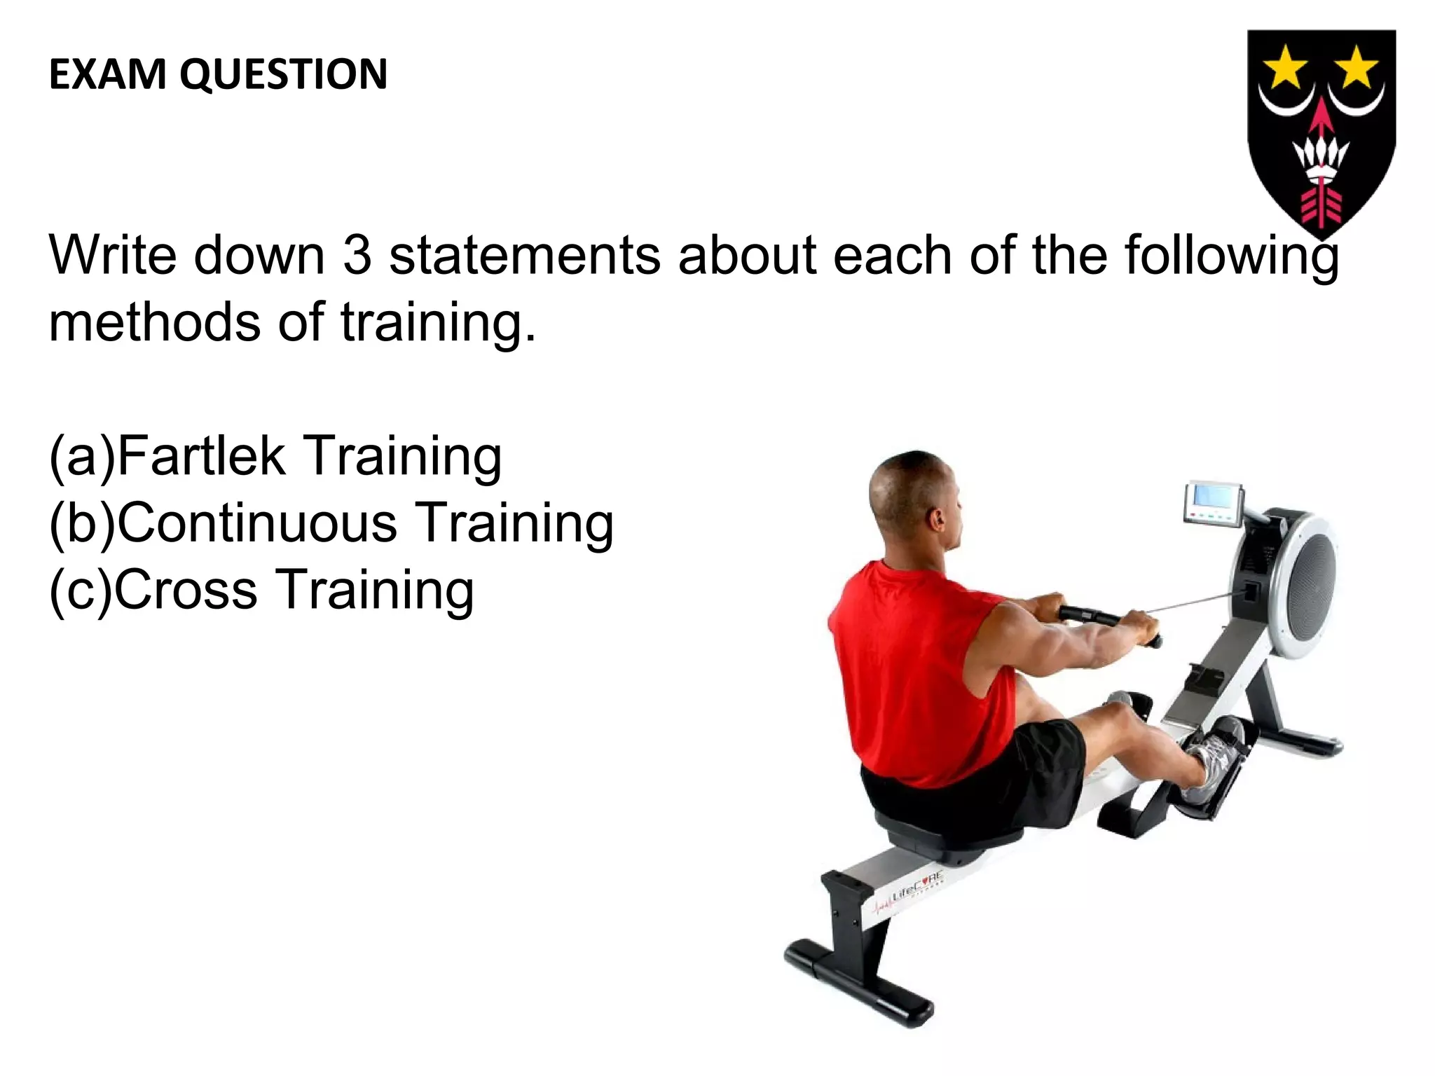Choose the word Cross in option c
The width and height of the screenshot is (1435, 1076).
point(185,590)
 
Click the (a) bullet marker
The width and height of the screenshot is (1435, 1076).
point(81,457)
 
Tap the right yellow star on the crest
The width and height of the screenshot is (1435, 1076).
point(1357,69)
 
